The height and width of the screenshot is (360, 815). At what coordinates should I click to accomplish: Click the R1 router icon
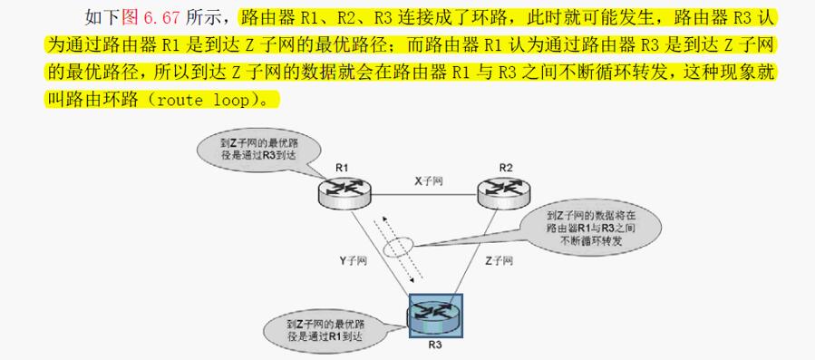point(345,192)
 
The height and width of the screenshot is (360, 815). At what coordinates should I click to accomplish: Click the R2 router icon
point(505,192)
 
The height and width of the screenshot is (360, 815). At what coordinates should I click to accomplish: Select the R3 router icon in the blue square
point(436,316)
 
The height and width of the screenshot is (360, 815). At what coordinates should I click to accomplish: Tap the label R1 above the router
point(342,168)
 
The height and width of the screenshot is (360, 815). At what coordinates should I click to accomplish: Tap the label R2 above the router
point(506,168)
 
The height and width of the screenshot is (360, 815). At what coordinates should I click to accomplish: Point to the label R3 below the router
point(435,345)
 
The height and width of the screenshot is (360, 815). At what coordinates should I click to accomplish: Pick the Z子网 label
point(499,260)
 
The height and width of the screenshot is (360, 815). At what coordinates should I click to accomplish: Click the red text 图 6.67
point(150,18)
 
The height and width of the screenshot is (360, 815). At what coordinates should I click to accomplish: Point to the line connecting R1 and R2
point(424,195)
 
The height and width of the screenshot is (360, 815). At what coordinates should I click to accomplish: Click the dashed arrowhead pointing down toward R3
point(412,280)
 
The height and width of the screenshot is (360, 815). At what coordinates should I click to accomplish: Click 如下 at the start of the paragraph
point(102,18)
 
